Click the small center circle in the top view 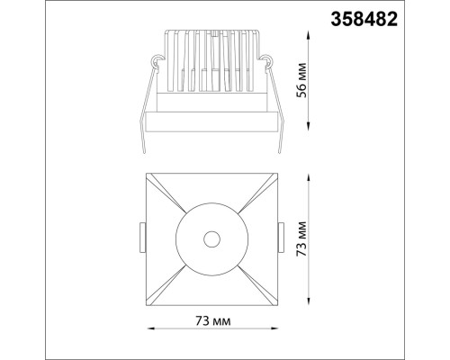tap(211, 238)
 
